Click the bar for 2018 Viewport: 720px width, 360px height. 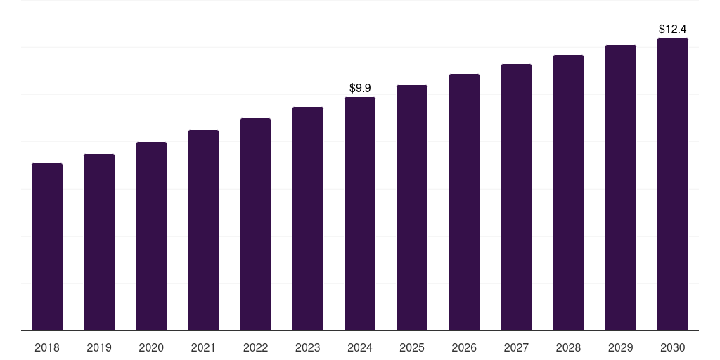(47, 247)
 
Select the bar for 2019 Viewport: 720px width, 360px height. (99, 243)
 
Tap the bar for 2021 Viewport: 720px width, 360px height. (203, 231)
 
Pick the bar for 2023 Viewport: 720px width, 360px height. (308, 219)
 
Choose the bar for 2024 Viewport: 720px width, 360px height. (360, 214)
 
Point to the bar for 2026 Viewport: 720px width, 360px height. (464, 202)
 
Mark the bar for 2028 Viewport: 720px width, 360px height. (568, 193)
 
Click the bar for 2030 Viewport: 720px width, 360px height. (673, 184)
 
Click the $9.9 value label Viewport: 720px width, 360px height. (360, 88)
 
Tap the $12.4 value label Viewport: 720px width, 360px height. (673, 29)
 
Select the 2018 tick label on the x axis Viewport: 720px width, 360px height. (47, 347)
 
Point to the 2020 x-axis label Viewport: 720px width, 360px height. (151, 347)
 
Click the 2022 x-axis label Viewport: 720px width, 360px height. (255, 347)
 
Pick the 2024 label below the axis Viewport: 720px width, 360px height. (360, 347)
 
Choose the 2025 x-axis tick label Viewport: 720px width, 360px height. (412, 347)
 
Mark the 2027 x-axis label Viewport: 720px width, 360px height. (516, 347)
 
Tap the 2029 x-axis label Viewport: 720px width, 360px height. (621, 347)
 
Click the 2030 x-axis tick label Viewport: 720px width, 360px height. (673, 347)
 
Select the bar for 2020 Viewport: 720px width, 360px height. (151, 236)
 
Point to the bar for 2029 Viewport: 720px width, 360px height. (621, 188)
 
